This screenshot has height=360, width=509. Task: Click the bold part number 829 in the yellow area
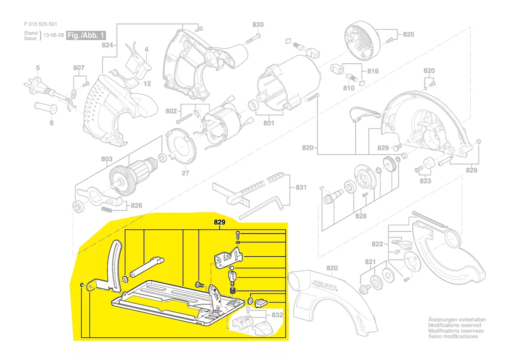[219, 222]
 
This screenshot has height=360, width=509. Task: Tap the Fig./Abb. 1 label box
[86, 35]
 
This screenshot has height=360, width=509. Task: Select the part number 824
[108, 45]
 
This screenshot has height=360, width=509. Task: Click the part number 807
[79, 68]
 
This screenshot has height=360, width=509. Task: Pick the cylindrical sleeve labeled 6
[45, 108]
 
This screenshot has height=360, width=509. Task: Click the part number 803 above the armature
[107, 159]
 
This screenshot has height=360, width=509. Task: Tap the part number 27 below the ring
[185, 173]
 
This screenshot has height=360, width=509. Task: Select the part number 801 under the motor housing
[269, 123]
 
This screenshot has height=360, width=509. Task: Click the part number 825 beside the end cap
[409, 34]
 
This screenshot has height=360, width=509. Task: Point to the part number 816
[373, 71]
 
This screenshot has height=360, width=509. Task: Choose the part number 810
[349, 88]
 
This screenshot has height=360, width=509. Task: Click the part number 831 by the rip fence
[301, 187]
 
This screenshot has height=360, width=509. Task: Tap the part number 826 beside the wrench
[137, 205]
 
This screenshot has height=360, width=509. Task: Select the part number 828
[361, 216]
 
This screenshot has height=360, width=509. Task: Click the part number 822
[378, 244]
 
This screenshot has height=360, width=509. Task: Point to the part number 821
[371, 262]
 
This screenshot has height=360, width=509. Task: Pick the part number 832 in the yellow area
[277, 315]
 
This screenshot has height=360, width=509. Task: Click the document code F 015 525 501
[40, 24]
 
